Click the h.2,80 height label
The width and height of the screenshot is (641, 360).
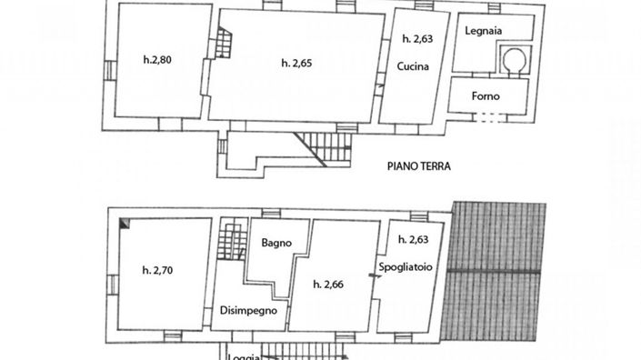click(x=157, y=61)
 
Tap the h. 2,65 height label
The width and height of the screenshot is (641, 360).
click(x=298, y=63)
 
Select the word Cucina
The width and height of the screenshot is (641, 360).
click(x=412, y=67)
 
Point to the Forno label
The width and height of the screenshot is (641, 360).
click(x=486, y=95)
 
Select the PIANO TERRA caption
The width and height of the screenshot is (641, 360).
click(x=419, y=166)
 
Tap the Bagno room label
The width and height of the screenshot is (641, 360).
click(x=275, y=243)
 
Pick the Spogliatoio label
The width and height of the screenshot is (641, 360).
click(x=406, y=267)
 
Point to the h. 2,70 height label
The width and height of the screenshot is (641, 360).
click(x=157, y=270)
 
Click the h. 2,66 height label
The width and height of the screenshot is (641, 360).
click(x=328, y=284)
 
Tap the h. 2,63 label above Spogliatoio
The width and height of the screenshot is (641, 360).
click(x=414, y=240)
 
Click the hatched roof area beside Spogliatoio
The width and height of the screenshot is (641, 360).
click(x=501, y=273)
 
